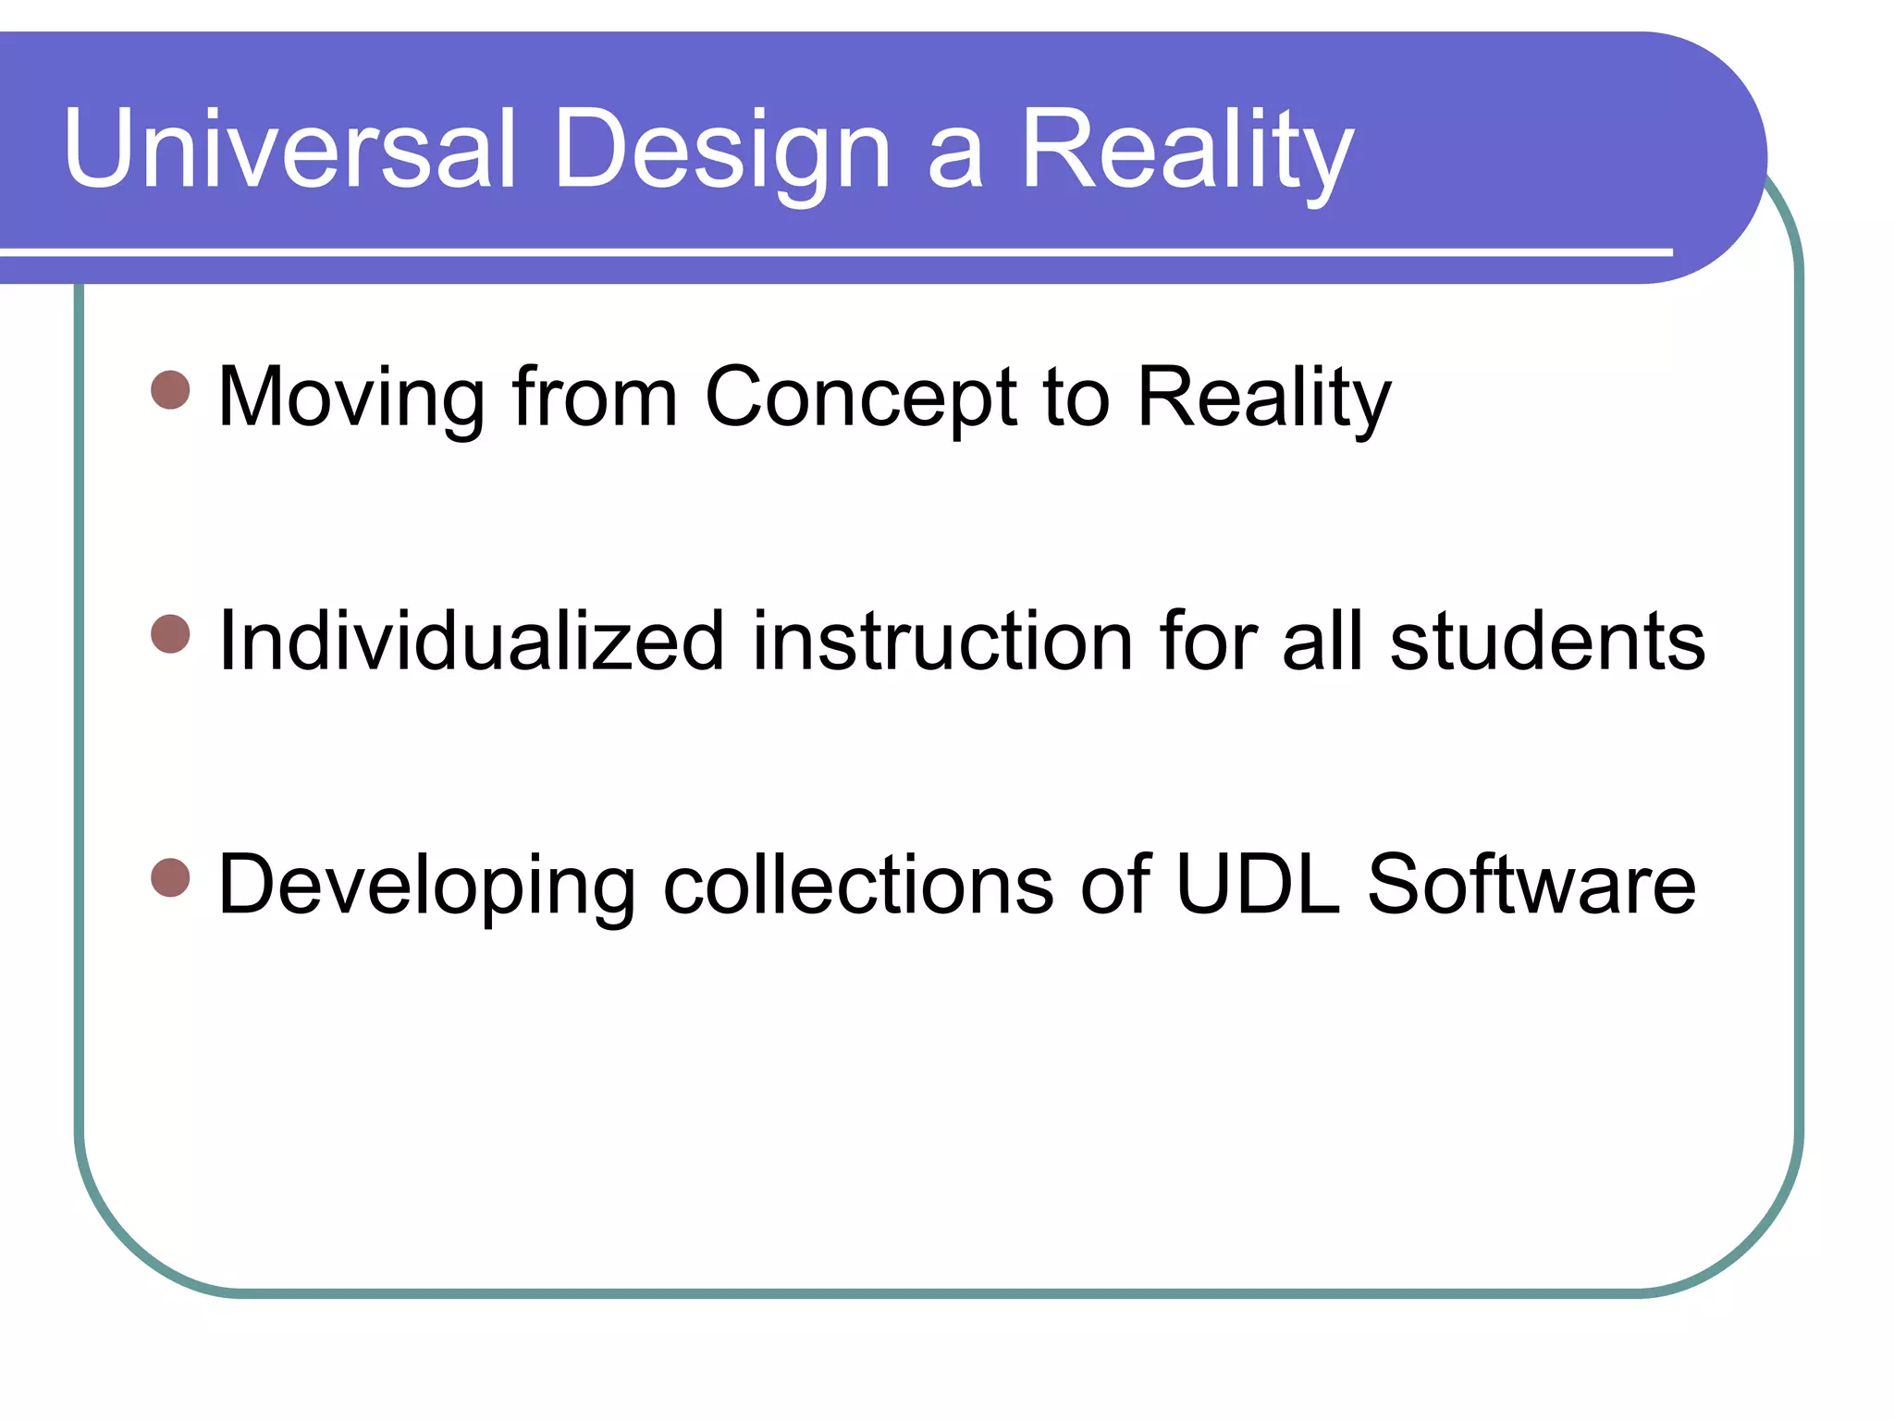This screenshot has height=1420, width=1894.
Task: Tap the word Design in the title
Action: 722,150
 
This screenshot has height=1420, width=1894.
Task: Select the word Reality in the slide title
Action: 1187,150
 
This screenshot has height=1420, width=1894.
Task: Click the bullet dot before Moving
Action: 170,390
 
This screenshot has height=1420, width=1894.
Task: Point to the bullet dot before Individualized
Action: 170,634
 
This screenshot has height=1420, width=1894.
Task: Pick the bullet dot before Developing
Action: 170,877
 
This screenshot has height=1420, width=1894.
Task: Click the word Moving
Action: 351,398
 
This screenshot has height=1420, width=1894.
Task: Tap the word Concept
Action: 861,398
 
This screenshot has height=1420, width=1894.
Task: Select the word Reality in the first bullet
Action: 1263,398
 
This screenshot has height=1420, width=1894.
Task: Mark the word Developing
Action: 426,885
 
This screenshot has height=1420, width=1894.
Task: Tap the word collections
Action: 858,885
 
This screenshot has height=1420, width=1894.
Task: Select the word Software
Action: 1531,885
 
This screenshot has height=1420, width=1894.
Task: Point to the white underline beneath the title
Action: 832,251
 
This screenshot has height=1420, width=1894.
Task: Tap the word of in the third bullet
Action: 1115,885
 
